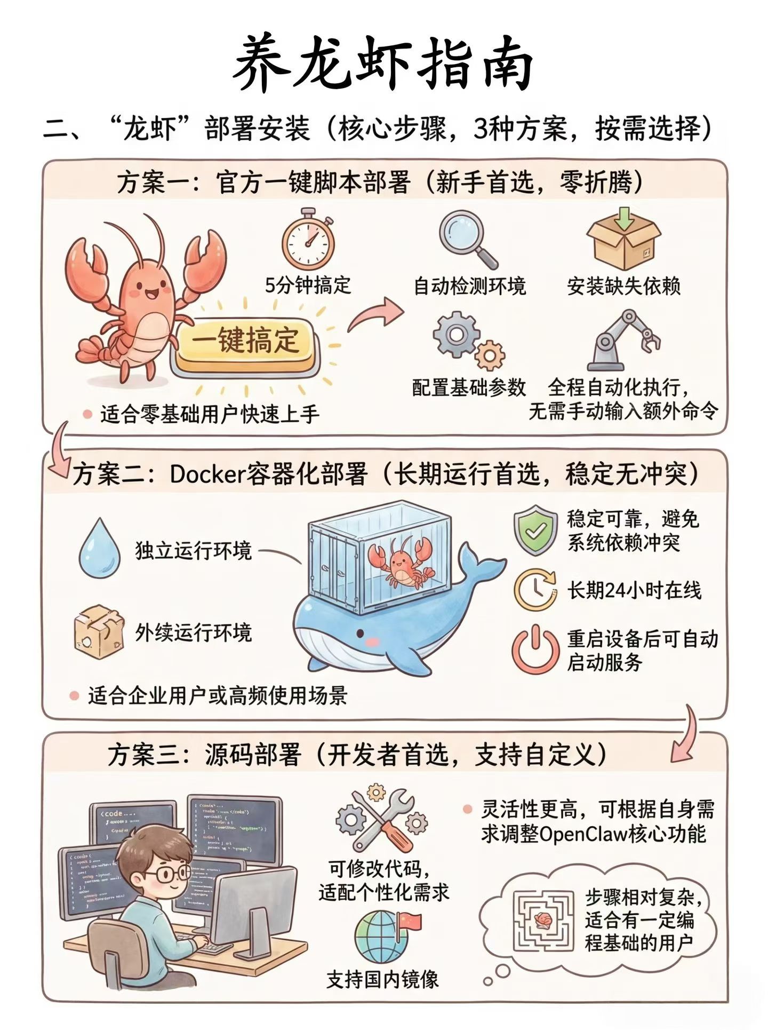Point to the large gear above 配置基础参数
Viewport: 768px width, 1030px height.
pyautogui.click(x=455, y=335)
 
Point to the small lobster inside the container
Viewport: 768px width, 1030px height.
pyautogui.click(x=403, y=563)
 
